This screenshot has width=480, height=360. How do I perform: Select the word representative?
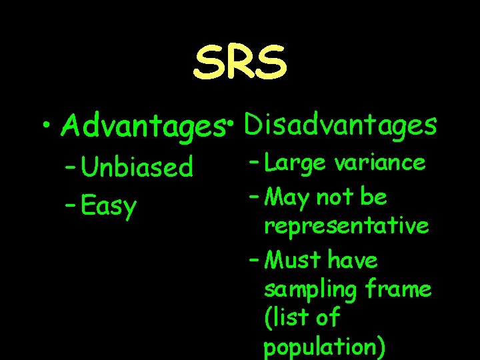pyautogui.click(x=346, y=227)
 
